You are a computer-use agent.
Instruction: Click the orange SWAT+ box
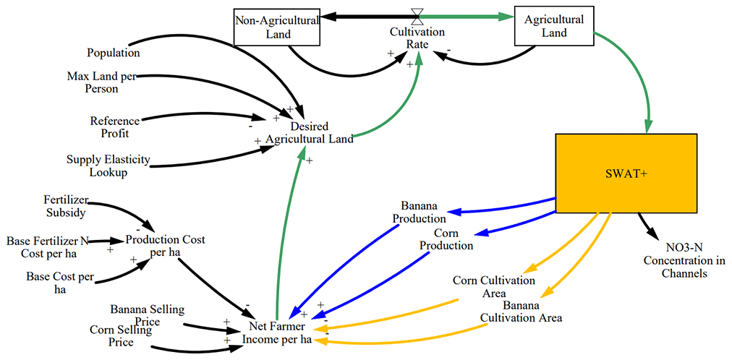(626, 173)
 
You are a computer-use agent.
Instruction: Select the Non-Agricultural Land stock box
(278, 27)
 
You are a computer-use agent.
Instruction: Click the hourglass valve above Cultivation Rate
(417, 14)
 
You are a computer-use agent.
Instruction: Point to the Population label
(113, 53)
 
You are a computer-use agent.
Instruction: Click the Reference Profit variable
(114, 127)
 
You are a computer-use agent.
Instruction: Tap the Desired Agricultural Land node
(310, 132)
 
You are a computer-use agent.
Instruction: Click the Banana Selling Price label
(147, 315)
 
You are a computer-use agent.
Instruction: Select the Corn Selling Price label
(121, 335)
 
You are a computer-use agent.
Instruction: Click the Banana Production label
(419, 213)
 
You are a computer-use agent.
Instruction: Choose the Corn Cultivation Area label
(494, 286)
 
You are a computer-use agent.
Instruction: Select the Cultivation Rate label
(417, 38)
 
